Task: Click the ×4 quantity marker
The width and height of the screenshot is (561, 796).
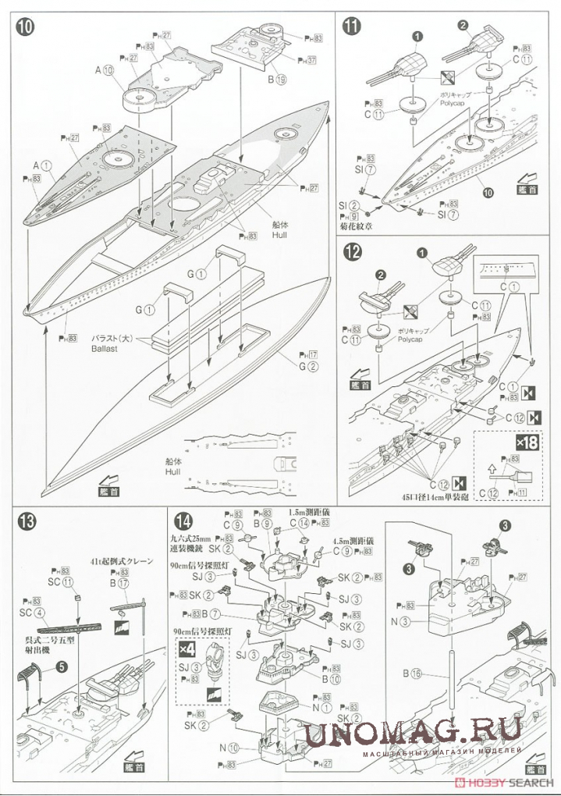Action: coord(186,649)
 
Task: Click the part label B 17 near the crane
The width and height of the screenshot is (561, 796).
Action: coord(119,582)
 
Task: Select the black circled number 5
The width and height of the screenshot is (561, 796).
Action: coord(61,667)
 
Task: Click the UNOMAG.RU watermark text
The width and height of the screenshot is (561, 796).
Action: coord(413,731)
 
